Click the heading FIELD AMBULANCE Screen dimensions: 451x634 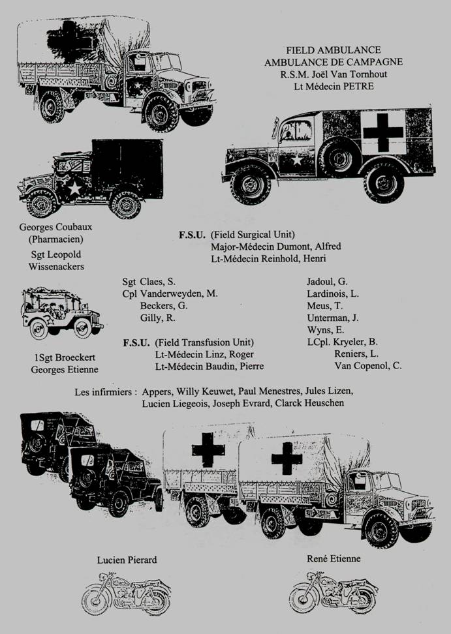(x=334, y=50)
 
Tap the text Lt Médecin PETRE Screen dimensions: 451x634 (x=334, y=86)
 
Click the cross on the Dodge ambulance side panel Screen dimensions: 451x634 (x=383, y=132)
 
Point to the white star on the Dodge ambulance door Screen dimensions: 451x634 (x=297, y=160)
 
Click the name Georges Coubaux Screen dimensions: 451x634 (x=56, y=227)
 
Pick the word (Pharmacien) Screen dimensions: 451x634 (x=56, y=239)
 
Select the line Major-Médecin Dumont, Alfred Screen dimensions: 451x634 (x=276, y=247)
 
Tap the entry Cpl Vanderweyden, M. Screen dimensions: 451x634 (x=170, y=294)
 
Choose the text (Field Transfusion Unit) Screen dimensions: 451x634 (x=204, y=342)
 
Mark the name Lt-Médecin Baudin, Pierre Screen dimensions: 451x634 (x=210, y=367)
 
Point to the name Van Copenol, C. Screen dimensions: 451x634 (x=368, y=366)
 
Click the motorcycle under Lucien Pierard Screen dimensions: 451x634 (x=126, y=594)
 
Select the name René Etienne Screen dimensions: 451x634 (x=334, y=559)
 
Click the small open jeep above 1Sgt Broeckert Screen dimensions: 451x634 (x=62, y=313)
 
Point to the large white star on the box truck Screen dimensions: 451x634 (x=74, y=188)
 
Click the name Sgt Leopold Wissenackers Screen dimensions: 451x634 (x=56, y=261)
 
